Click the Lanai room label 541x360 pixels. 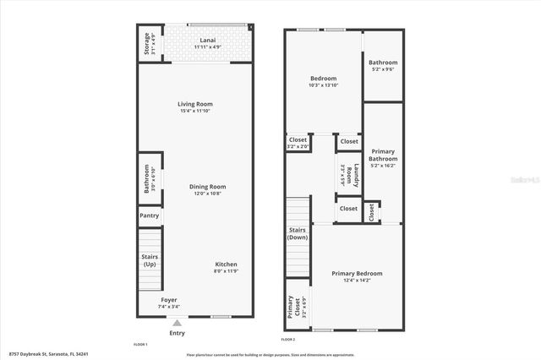[207, 40]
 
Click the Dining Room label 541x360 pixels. [206, 187]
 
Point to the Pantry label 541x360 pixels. [150, 216]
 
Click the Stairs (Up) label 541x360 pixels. [150, 260]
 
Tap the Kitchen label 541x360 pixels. [225, 265]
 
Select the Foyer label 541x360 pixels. [169, 300]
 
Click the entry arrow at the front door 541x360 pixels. [177, 322]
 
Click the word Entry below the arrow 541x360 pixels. [177, 333]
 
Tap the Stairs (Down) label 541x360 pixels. [298, 233]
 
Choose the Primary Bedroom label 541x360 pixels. [357, 274]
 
